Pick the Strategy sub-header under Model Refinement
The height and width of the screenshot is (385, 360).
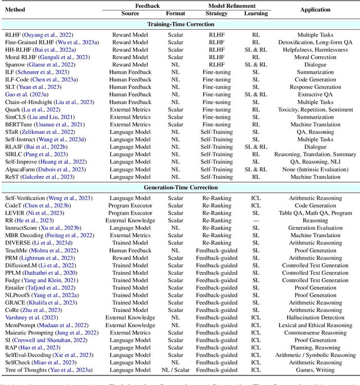[x=217, y=13]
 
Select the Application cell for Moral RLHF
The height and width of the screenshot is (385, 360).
[x=315, y=57]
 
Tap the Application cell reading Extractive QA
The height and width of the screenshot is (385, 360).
[x=315, y=94]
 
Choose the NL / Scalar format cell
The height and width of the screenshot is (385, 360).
[x=175, y=370]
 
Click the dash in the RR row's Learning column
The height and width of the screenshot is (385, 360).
[x=256, y=221]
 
